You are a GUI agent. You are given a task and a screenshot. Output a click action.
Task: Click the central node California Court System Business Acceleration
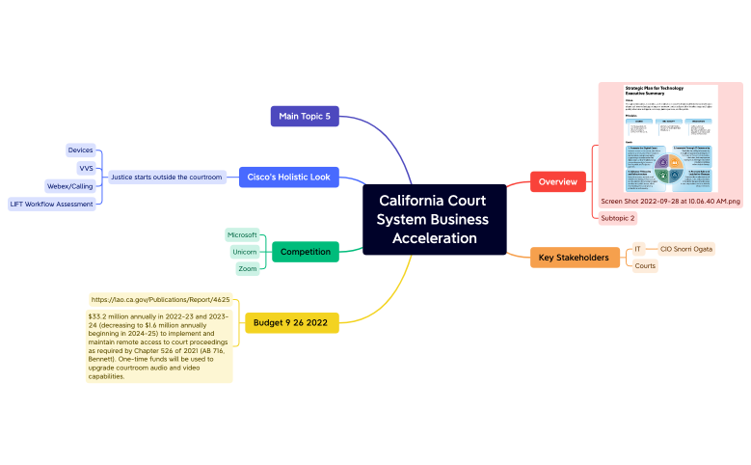click(x=434, y=220)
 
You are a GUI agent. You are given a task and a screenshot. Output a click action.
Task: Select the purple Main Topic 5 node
click(x=305, y=117)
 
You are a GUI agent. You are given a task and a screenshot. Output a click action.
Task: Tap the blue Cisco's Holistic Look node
click(x=288, y=178)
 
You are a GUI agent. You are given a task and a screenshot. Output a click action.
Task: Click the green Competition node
click(x=305, y=252)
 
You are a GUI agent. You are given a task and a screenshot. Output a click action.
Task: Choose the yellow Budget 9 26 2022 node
click(x=291, y=322)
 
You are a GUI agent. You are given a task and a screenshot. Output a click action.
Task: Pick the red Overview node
click(x=558, y=181)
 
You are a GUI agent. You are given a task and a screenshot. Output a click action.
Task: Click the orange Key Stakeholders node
click(x=574, y=258)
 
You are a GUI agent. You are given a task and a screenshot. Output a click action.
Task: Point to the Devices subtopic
click(x=80, y=150)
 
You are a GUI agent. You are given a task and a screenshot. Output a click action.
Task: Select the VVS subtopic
click(x=85, y=168)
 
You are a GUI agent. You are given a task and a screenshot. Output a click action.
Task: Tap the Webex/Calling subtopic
click(x=69, y=186)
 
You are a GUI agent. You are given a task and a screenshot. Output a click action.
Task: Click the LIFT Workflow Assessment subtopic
click(x=51, y=204)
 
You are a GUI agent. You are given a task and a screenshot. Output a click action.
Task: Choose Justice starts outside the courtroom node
click(x=166, y=178)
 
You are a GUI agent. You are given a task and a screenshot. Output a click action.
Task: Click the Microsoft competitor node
click(x=242, y=234)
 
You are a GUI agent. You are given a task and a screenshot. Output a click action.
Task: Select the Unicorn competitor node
click(x=244, y=252)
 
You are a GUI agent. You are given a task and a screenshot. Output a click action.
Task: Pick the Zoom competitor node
click(x=247, y=269)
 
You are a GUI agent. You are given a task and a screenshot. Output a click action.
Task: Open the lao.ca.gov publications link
click(x=160, y=300)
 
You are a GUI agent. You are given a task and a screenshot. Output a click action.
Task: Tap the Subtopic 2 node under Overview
click(x=617, y=218)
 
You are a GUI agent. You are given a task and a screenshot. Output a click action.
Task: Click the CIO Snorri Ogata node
click(x=685, y=249)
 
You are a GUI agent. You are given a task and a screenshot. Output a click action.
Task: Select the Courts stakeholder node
click(x=645, y=265)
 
